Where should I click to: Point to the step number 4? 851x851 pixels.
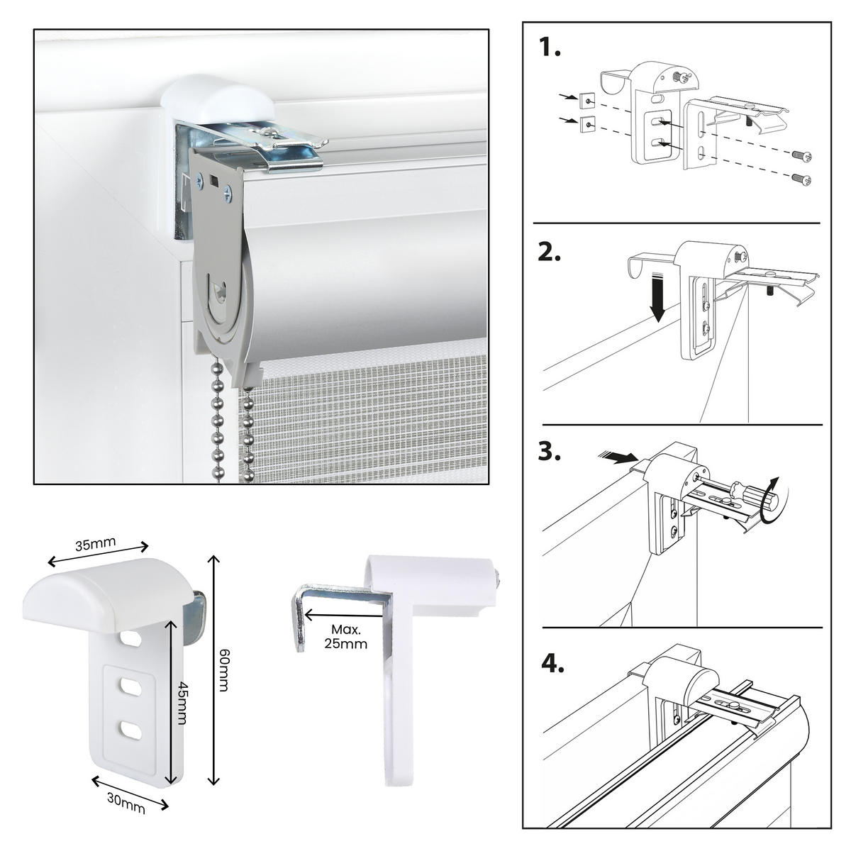[552, 664]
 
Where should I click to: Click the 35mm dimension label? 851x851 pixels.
[96, 544]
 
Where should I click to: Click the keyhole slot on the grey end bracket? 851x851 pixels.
[220, 291]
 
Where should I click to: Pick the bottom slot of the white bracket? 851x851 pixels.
[130, 728]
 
